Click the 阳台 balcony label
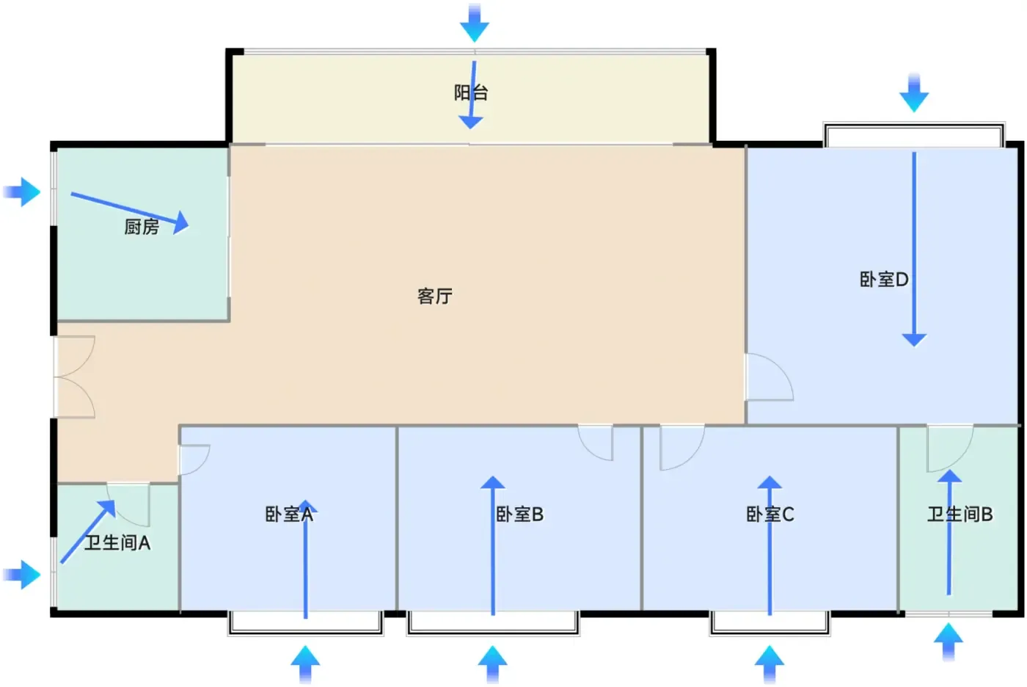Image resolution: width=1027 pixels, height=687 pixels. tap(471, 92)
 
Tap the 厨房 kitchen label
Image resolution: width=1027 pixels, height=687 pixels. tap(142, 227)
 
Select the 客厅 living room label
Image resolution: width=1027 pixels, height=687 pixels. tap(434, 297)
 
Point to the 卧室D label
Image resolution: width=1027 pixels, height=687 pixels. tap(884, 280)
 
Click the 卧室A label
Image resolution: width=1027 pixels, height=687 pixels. tap(289, 515)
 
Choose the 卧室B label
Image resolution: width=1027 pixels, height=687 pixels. tap(519, 515)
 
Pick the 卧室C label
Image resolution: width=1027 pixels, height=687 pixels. tap(770, 515)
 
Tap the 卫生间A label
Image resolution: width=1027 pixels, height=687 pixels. tap(117, 543)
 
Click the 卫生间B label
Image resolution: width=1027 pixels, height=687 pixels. tap(960, 515)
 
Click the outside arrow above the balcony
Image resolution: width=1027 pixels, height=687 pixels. tap(475, 23)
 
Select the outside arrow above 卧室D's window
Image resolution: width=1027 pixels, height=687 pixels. tap(914, 92)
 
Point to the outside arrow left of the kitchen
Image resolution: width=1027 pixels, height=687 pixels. tap(22, 192)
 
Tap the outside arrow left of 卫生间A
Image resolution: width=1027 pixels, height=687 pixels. tap(22, 575)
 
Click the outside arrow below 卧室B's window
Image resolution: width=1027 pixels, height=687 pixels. tap(493, 664)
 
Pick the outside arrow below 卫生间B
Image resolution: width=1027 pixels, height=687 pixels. tap(949, 641)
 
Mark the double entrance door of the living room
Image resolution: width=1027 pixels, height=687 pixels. tap(74, 377)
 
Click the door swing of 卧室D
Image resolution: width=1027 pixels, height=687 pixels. tap(770, 377)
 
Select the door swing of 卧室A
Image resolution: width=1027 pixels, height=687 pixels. tap(194, 459)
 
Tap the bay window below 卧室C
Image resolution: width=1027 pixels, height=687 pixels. tap(770, 623)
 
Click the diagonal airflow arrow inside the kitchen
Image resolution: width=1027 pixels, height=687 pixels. tap(130, 210)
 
